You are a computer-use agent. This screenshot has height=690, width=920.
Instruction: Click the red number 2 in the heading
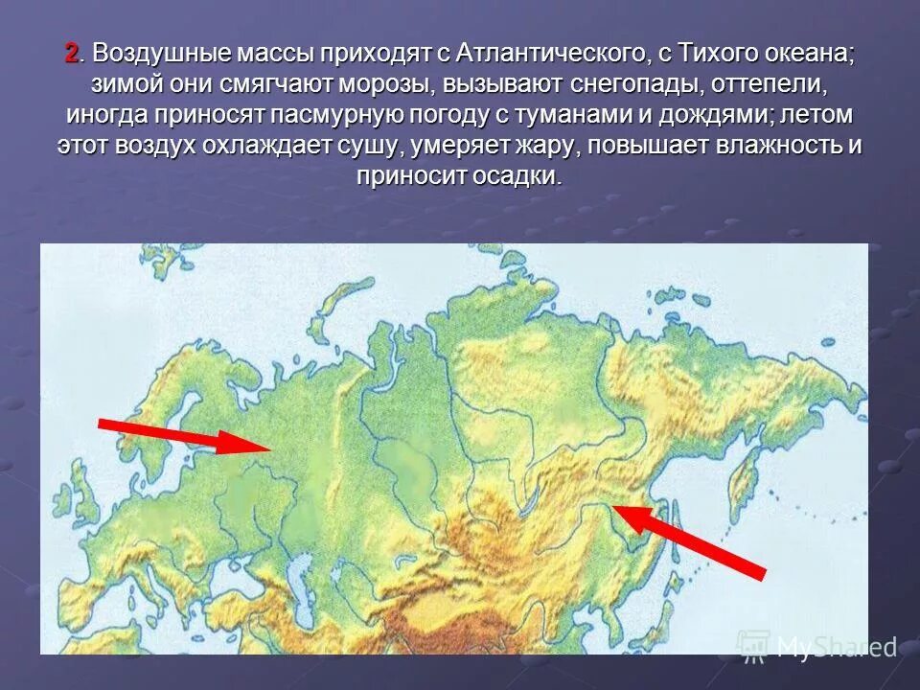click(x=71, y=54)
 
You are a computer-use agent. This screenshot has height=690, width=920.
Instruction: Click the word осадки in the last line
click(x=514, y=176)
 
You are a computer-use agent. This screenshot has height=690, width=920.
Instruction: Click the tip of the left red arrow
click(x=270, y=446)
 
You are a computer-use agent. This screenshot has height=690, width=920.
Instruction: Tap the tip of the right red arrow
click(x=614, y=507)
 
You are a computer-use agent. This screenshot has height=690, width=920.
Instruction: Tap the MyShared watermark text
click(x=834, y=647)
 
